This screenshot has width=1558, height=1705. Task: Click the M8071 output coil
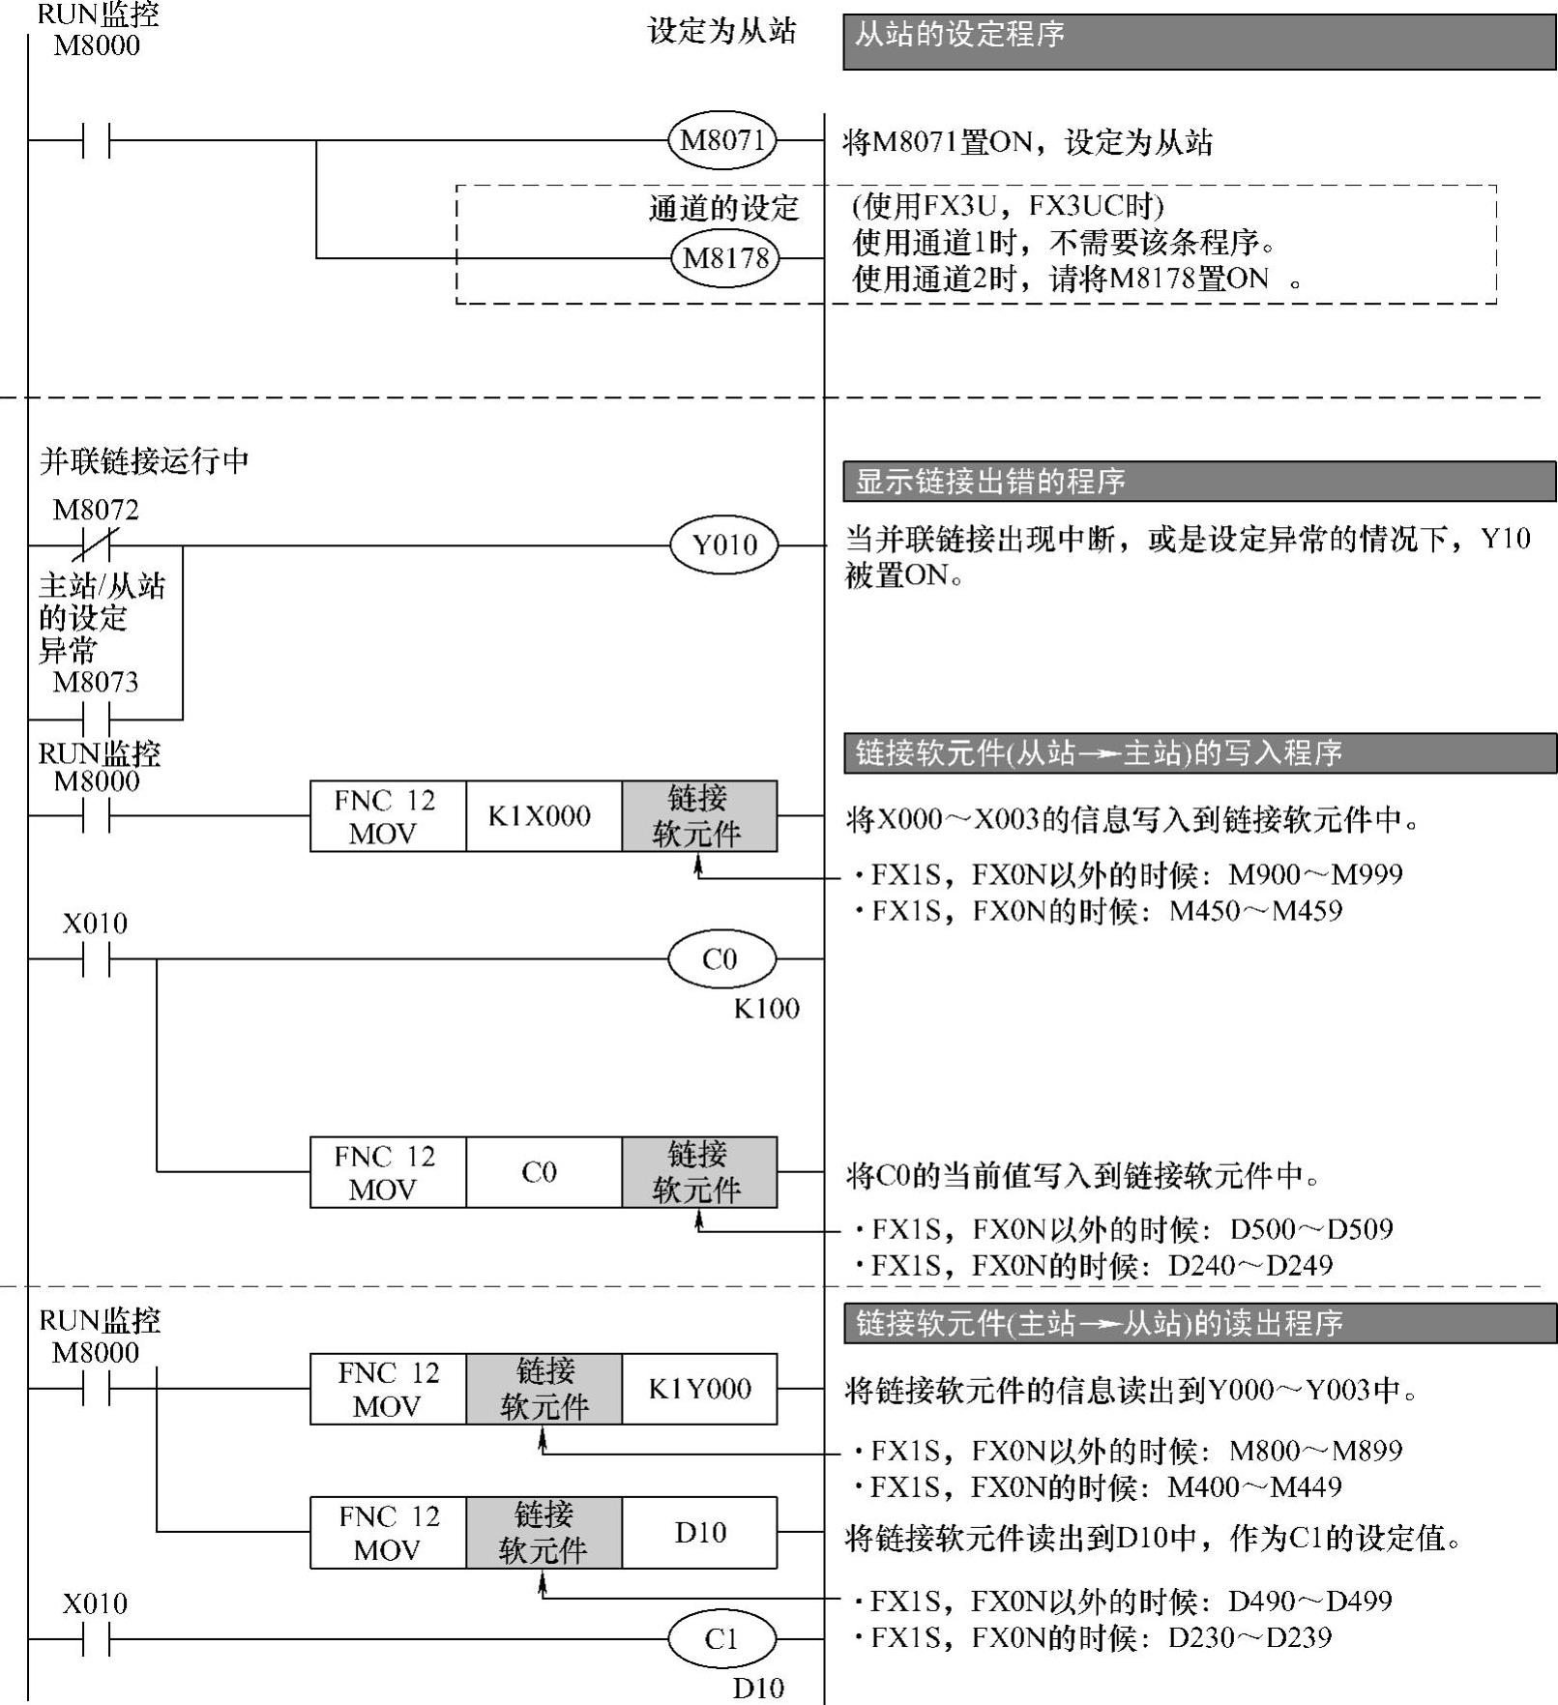[x=722, y=140]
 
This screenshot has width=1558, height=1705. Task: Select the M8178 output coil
[x=725, y=258]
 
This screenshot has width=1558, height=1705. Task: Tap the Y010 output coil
[x=724, y=544]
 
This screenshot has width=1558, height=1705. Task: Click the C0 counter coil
[x=721, y=959]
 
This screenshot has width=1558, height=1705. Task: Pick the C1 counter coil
[x=721, y=1639]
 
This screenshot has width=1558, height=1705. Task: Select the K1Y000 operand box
[x=699, y=1389]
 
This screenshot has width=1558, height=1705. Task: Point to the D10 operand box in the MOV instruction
[x=699, y=1533]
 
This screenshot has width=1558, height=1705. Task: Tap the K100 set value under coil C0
[x=766, y=1009]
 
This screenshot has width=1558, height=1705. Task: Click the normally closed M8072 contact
[x=96, y=545]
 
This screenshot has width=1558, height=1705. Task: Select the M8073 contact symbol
[x=96, y=720]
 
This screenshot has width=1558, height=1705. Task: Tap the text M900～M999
[x=1315, y=874]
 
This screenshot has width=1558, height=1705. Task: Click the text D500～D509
[x=1311, y=1229]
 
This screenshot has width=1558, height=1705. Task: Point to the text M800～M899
[x=1315, y=1451]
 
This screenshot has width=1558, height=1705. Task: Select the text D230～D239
[x=1249, y=1637]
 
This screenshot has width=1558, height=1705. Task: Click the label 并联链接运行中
[x=144, y=460]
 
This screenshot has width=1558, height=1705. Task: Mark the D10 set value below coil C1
[x=758, y=1688]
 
